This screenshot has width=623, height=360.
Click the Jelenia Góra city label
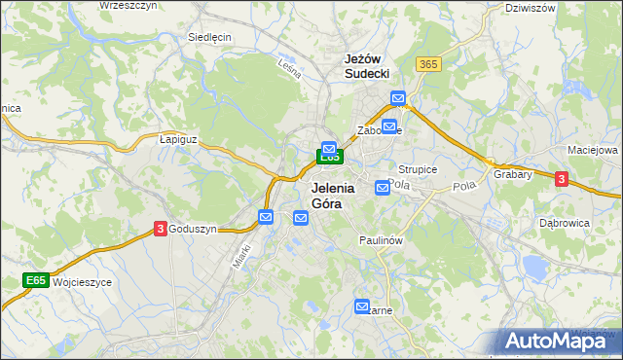point(332,196)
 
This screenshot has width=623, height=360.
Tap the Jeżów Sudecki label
point(367,65)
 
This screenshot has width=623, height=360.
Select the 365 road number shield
point(427,63)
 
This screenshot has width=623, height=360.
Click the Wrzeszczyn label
point(128,5)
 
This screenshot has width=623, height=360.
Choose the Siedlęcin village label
point(208,38)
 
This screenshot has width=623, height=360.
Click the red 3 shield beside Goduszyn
point(160,229)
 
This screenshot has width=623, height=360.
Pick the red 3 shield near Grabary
point(562,178)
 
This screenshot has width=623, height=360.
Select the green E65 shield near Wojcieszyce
point(36,280)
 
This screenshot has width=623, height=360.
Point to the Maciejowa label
point(593,151)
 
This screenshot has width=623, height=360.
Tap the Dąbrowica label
point(566,222)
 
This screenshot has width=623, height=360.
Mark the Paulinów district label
point(381,239)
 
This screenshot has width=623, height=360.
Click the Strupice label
point(418,169)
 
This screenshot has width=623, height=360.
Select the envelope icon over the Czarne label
point(363,306)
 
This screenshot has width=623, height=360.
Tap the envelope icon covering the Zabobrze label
point(389,126)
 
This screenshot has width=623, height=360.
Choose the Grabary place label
point(512,175)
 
